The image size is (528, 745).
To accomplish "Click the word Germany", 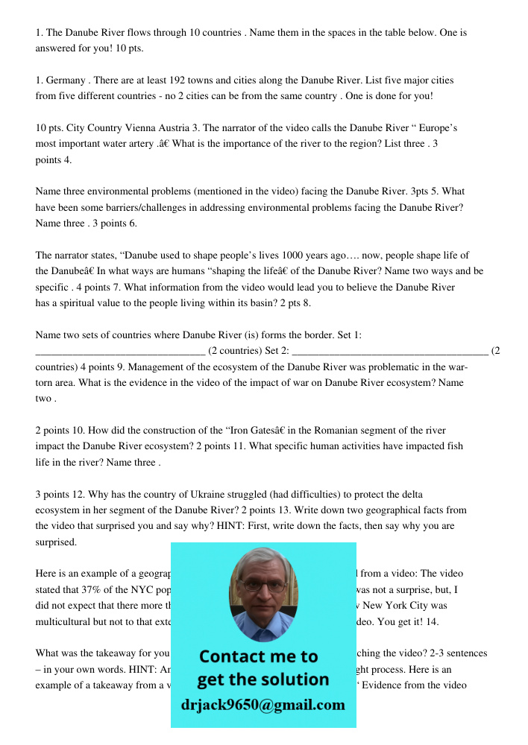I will pyautogui.click(x=67, y=80).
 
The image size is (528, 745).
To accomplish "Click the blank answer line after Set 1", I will pyautogui.click(x=120, y=351).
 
